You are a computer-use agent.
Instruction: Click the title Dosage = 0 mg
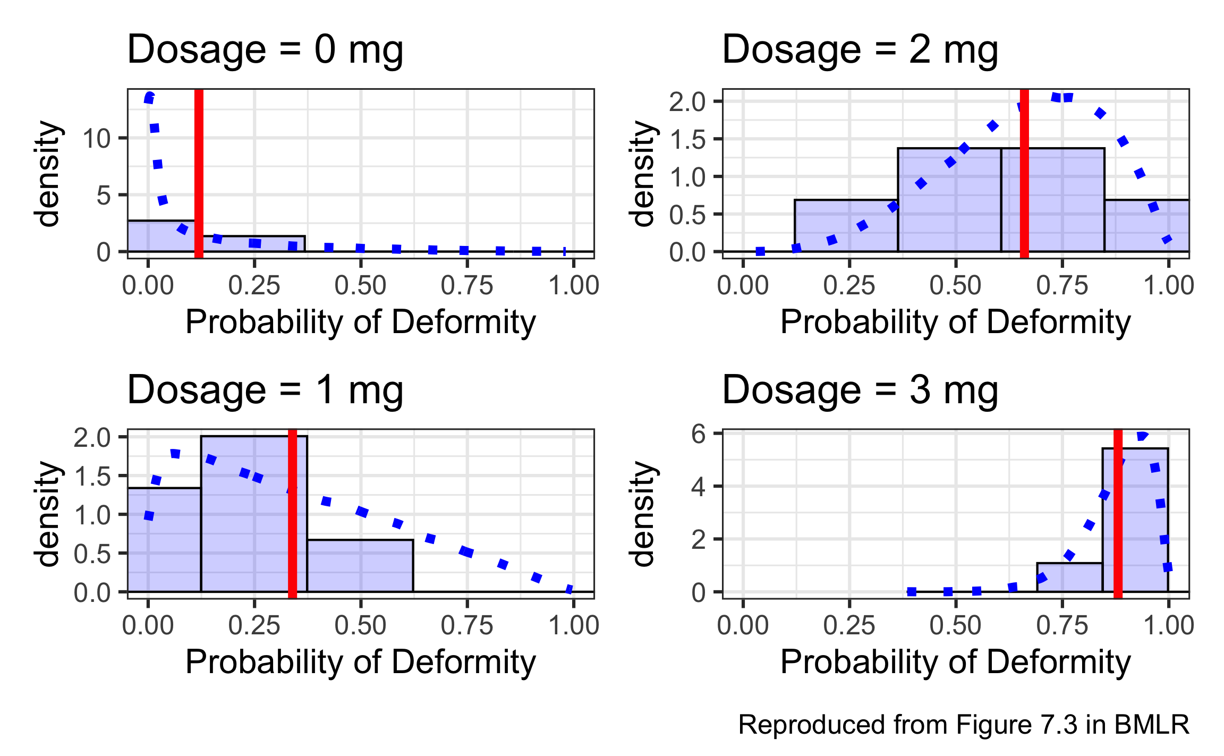pyautogui.click(x=265, y=50)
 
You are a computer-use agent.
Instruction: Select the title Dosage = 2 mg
pyautogui.click(x=860, y=50)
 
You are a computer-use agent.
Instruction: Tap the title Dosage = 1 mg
pyautogui.click(x=265, y=390)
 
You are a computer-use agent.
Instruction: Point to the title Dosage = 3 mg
pyautogui.click(x=860, y=390)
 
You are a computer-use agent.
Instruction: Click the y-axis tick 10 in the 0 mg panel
pyautogui.click(x=97, y=139)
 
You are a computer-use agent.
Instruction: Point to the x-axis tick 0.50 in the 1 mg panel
pyautogui.click(x=360, y=626)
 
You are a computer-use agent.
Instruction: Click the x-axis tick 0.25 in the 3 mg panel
pyautogui.click(x=849, y=626)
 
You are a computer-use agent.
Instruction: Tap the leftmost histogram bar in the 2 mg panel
pyautogui.click(x=846, y=226)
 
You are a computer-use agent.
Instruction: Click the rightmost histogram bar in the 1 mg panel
pyautogui.click(x=360, y=566)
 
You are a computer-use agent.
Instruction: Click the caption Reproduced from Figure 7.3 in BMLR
pyautogui.click(x=963, y=725)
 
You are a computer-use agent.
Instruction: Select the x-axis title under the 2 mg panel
pyautogui.click(x=955, y=322)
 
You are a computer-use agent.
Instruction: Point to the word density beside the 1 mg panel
pyautogui.click(x=48, y=514)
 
